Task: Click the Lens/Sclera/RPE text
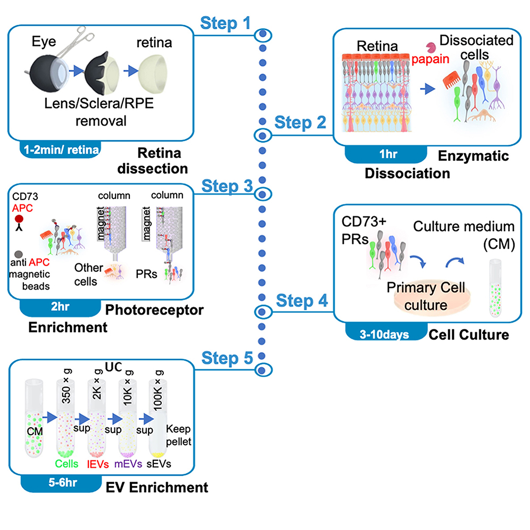(x=92, y=104)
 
